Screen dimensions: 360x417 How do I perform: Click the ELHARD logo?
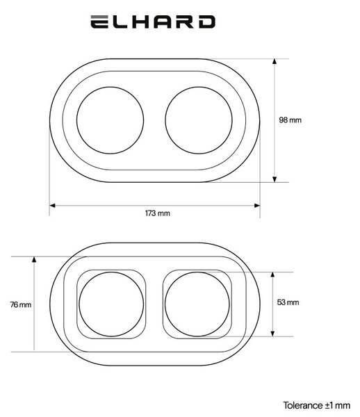pyautogui.click(x=153, y=22)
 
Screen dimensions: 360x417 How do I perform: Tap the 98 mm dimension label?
pyautogui.click(x=290, y=120)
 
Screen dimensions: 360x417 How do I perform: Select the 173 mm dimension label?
pyautogui.click(x=157, y=213)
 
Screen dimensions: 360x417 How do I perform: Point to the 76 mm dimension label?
pyautogui.click(x=20, y=304)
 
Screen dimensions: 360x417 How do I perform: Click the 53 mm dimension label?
pyautogui.click(x=288, y=302)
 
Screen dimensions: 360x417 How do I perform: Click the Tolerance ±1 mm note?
pyautogui.click(x=317, y=405)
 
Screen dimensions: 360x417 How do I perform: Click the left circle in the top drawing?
pyautogui.click(x=77, y=120)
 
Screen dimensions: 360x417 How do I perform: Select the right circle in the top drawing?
pyautogui.click(x=165, y=120)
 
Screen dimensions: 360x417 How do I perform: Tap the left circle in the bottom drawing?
pyautogui.click(x=79, y=304)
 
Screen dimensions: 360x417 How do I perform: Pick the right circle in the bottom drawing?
pyautogui.click(x=165, y=304)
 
